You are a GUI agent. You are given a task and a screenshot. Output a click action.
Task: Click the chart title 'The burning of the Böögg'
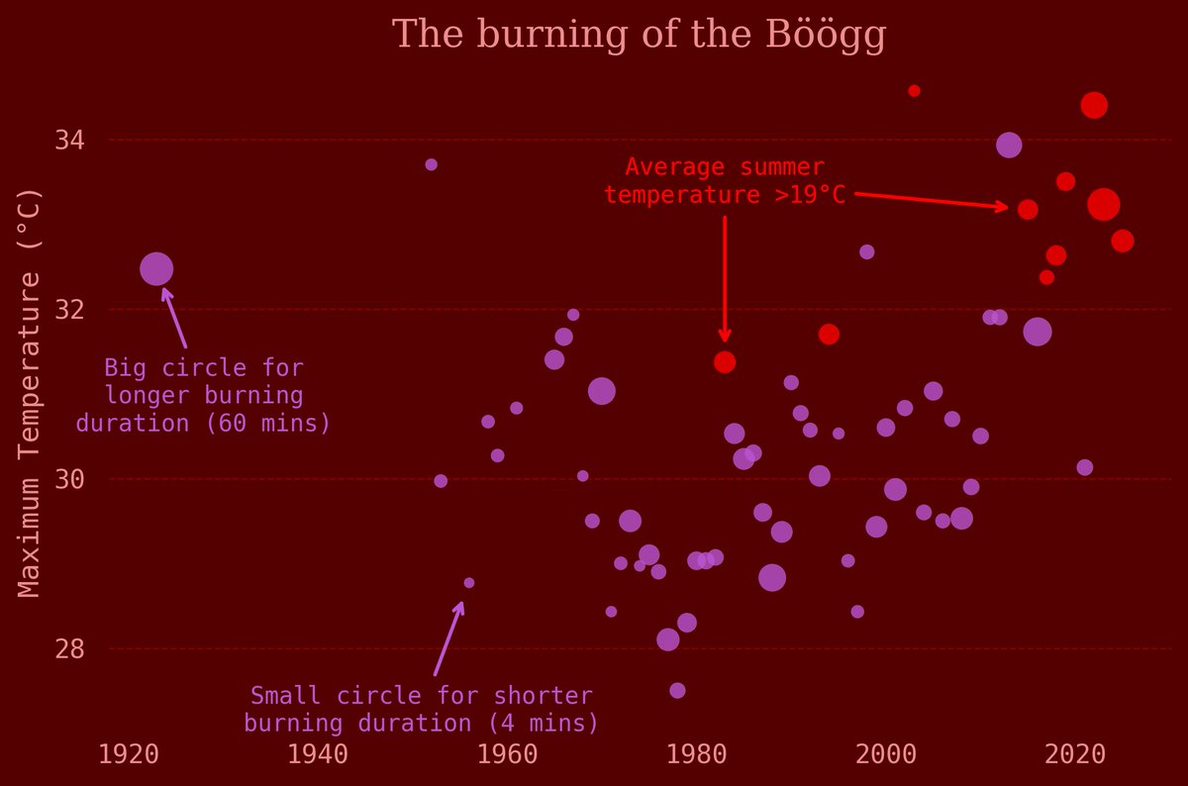point(639,35)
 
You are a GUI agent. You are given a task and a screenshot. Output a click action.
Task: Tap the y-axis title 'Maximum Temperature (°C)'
point(30,394)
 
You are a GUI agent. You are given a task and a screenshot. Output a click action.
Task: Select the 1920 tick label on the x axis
point(130,754)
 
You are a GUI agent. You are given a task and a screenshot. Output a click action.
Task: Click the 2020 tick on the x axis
point(1075,754)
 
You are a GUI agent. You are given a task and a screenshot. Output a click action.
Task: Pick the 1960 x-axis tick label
point(507,754)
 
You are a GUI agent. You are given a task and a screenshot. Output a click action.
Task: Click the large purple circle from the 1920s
point(156,268)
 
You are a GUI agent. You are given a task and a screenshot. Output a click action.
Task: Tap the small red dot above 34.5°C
point(914,91)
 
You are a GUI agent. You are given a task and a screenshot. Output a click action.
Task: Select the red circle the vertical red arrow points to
point(725,362)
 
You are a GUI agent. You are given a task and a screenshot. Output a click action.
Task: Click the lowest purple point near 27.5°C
point(677,691)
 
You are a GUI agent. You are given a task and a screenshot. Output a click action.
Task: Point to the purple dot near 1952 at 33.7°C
point(431,164)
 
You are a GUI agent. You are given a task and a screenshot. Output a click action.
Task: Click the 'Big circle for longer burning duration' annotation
point(203,396)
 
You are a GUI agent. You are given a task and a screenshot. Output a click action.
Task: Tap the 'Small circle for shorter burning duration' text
point(421,709)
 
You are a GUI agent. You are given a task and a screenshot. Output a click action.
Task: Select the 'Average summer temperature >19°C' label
point(725,181)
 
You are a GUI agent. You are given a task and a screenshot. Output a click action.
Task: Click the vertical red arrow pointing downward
point(725,277)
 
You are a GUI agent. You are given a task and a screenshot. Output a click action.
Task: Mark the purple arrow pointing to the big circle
point(174,317)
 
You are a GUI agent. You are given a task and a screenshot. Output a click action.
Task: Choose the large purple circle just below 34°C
point(1009,145)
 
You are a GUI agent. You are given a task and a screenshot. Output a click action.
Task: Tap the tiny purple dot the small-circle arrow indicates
point(469,583)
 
